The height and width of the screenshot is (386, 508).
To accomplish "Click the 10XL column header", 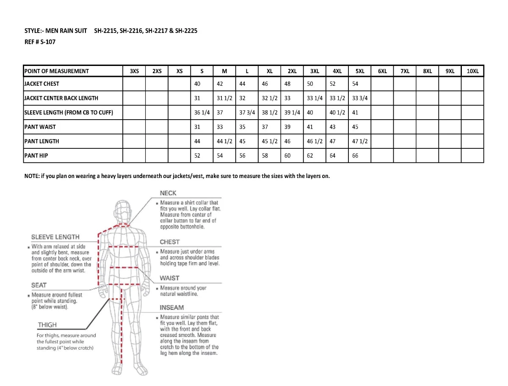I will click(472, 71).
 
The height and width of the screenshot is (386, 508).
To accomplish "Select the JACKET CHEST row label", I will click(41, 84).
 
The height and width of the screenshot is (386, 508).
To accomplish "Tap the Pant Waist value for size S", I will click(197, 127).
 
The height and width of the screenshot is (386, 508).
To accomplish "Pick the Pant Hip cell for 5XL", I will click(355, 156).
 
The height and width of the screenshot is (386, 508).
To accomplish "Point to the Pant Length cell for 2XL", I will click(287, 141).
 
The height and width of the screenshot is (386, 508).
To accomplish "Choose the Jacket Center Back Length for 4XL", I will click(337, 98).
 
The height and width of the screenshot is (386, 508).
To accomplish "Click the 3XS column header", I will click(134, 71).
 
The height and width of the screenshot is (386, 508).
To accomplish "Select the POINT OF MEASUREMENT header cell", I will click(57, 71).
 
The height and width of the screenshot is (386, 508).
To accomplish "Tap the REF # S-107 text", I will click(40, 42).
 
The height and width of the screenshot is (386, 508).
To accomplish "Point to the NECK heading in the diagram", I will click(168, 193).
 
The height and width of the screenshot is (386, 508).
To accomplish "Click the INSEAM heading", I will click(171, 307).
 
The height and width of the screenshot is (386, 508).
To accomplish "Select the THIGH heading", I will click(47, 325).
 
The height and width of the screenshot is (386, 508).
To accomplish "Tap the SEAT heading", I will click(39, 285).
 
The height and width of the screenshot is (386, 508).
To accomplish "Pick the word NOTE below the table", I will click(31, 176).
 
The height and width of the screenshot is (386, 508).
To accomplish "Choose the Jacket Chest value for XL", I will click(265, 84).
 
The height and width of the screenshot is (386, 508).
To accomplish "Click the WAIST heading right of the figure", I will click(169, 278).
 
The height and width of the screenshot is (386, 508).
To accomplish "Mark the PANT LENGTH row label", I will click(41, 141).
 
